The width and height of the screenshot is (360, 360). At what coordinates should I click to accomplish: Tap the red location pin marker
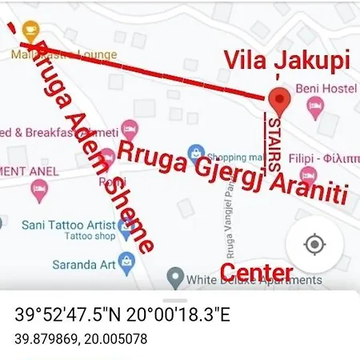pos(278,102)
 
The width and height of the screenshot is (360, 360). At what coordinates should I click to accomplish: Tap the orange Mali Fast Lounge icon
pos(30,31)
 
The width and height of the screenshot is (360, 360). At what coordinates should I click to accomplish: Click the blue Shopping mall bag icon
pos(195,155)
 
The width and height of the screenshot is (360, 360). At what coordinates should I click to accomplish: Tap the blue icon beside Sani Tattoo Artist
pos(125,227)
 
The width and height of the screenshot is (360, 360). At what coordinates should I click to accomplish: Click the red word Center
pos(256,271)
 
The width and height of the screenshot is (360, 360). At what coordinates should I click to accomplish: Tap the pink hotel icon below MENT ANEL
pos(38,190)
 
